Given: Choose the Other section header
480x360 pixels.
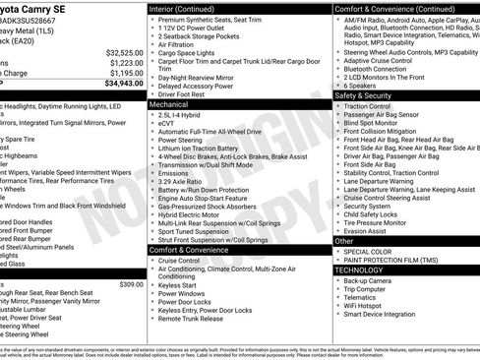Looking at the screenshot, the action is pos(344,240).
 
